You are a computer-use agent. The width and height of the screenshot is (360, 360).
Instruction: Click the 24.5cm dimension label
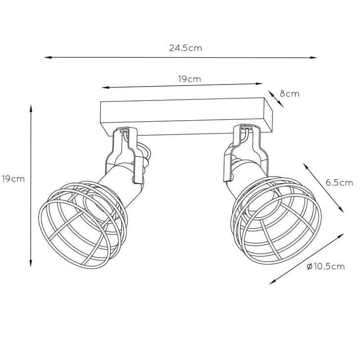coord(185,48)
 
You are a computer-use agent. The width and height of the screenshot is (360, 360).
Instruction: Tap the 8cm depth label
coord(289,93)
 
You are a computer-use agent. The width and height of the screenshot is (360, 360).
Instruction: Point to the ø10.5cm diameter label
coord(326,267)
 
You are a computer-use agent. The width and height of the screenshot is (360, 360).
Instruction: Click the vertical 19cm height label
coord(13,179)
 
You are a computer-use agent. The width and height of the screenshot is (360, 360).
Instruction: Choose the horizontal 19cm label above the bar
coord(189,79)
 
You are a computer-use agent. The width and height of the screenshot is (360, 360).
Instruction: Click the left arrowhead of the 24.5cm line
coord(47,57)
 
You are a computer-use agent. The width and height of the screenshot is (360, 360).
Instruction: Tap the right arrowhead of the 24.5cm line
coord(314,58)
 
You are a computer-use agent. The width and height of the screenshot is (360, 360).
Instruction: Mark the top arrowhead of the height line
coord(31,108)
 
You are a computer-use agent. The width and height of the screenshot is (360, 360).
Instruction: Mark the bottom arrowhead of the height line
coord(31,263)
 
